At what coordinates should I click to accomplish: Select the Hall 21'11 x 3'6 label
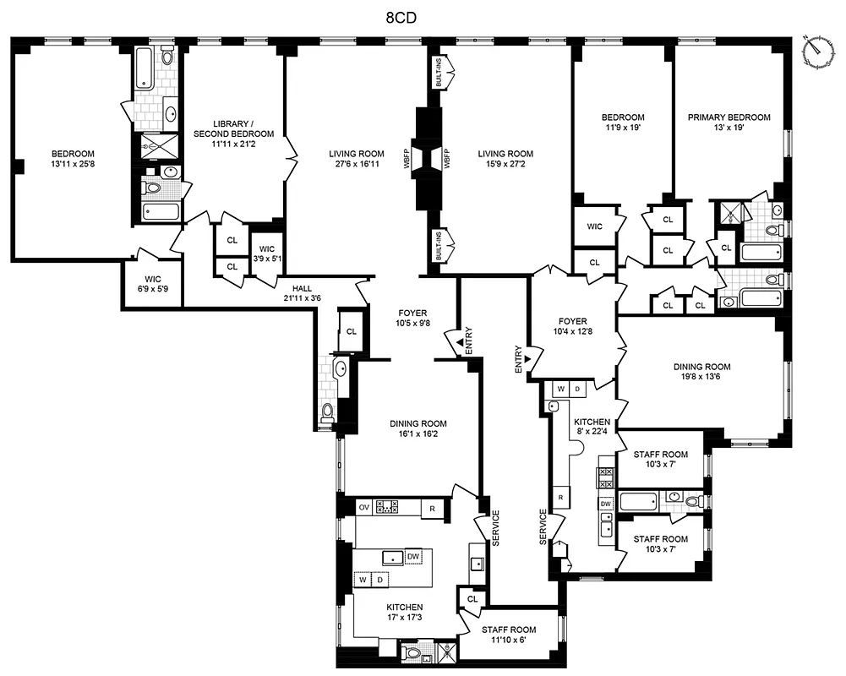pos(302,292)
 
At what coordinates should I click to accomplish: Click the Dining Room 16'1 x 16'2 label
pos(418,429)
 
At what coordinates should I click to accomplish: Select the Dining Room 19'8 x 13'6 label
pos(701,372)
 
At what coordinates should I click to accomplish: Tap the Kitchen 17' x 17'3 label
pos(405,613)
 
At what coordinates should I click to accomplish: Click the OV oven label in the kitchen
pos(364,508)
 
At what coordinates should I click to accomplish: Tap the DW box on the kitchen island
pos(413,556)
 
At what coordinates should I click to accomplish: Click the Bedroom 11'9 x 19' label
pos(623,123)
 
